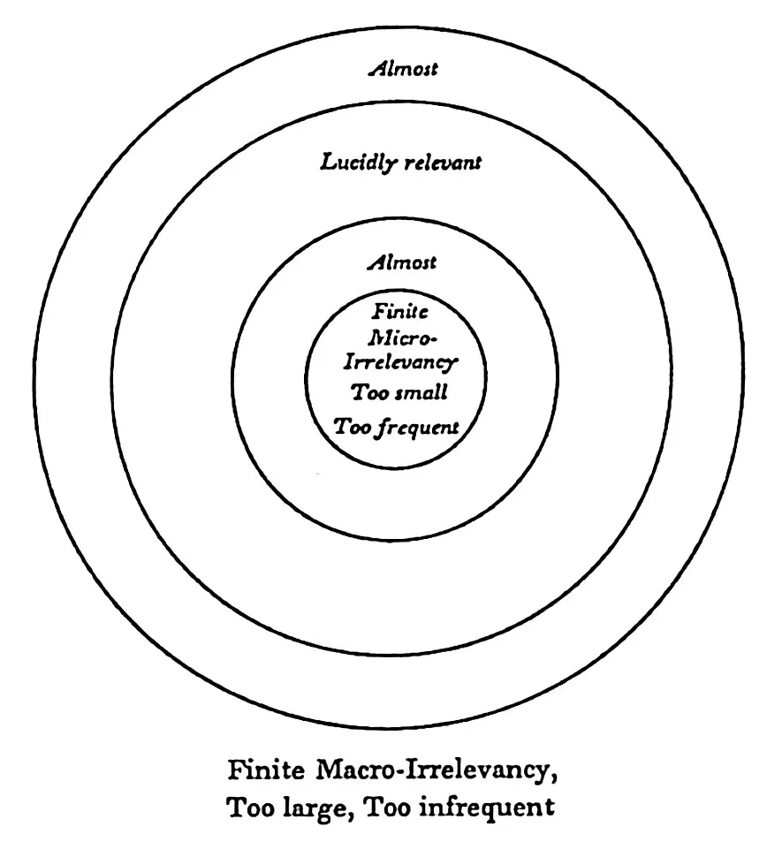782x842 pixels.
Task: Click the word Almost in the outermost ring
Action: click(x=403, y=69)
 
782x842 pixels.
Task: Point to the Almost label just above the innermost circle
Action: click(x=402, y=262)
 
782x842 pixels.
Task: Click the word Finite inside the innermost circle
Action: click(x=400, y=311)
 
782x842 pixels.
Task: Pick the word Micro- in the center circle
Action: click(x=402, y=338)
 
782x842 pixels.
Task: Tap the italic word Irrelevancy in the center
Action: click(x=400, y=362)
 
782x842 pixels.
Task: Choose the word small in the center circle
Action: click(x=421, y=392)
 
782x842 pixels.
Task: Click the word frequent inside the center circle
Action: click(x=419, y=428)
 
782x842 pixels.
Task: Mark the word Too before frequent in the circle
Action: click(x=353, y=427)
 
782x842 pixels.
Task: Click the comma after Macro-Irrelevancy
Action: click(x=552, y=778)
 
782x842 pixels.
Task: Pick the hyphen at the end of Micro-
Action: click(x=434, y=339)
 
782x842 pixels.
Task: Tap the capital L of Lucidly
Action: click(x=329, y=163)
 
